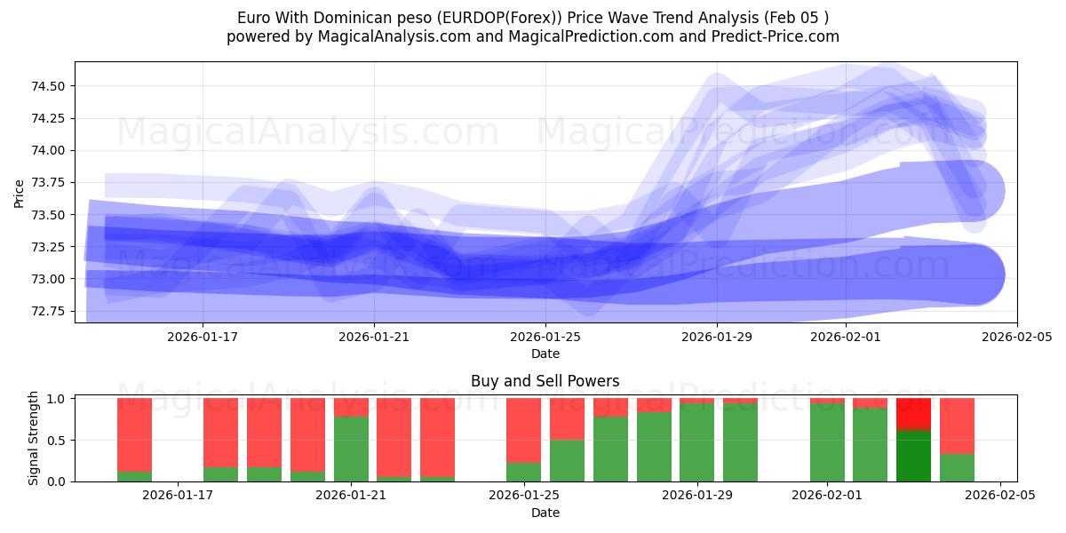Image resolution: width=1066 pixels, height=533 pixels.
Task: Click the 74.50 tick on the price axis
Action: pyautogui.click(x=50, y=86)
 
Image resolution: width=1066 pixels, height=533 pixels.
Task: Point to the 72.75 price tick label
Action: pyautogui.click(x=50, y=311)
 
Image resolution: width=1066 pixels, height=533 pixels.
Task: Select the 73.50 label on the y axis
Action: pyautogui.click(x=50, y=215)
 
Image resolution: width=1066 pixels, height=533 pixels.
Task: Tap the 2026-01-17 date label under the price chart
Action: pyautogui.click(x=203, y=337)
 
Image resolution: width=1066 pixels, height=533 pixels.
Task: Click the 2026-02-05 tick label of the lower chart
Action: pyautogui.click(x=1001, y=496)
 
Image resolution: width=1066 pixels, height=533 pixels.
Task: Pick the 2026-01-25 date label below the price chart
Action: pyautogui.click(x=545, y=337)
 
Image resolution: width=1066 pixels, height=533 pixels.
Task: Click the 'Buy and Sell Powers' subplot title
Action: pyautogui.click(x=545, y=381)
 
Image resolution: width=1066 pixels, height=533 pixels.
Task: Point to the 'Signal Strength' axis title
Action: pyautogui.click(x=34, y=438)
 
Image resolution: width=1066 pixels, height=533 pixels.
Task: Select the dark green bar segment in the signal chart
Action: pyautogui.click(x=913, y=456)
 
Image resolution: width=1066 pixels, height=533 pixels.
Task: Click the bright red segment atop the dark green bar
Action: pyautogui.click(x=913, y=414)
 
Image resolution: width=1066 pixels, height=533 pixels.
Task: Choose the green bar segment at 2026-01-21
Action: pyautogui.click(x=351, y=449)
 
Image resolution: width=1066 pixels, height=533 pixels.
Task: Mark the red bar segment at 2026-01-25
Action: pyautogui.click(x=523, y=430)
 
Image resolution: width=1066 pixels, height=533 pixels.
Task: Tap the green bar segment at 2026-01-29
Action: pyautogui.click(x=696, y=442)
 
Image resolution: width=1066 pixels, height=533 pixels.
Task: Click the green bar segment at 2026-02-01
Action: pyautogui.click(x=827, y=442)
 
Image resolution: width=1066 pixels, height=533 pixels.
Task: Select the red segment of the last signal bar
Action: pyautogui.click(x=957, y=426)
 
